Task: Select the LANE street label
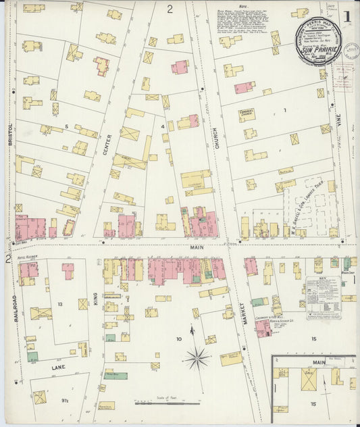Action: tap(58, 367)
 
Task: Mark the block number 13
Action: tap(60, 304)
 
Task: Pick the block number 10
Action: tap(179, 338)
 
